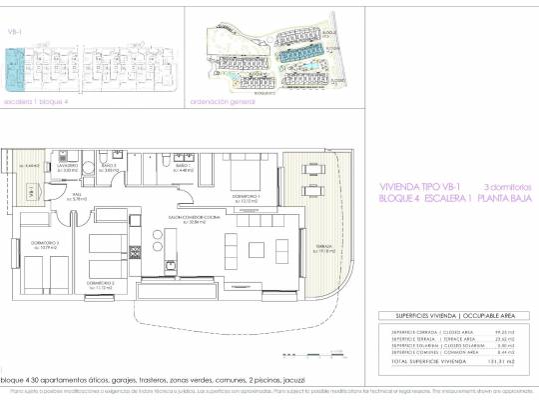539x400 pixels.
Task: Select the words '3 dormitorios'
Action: tap(508, 186)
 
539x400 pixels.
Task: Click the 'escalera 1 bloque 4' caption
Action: tap(36, 101)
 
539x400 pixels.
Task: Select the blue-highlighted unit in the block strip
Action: tap(15, 69)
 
